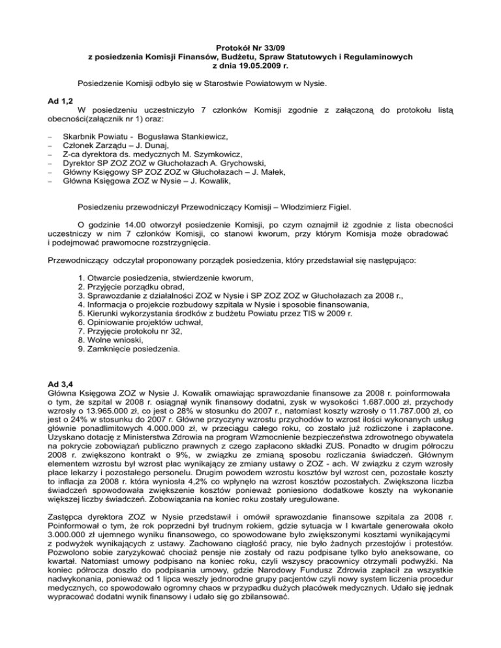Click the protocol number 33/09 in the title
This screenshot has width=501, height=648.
pyautogui.click(x=266, y=48)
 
